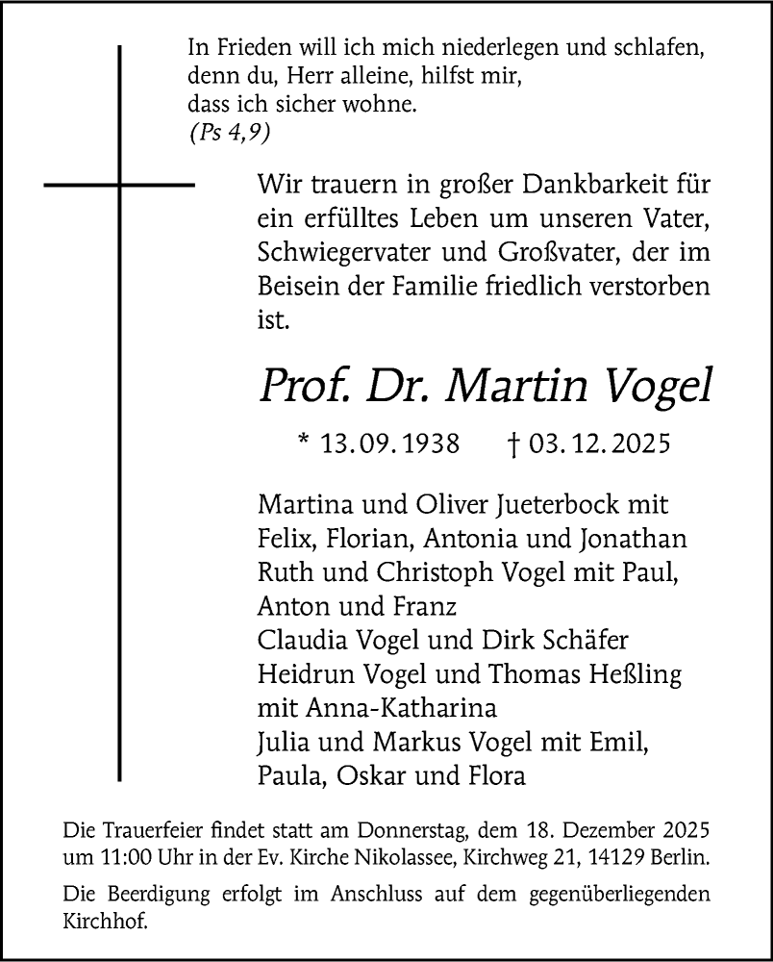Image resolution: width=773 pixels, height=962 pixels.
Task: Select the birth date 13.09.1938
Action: tap(390, 445)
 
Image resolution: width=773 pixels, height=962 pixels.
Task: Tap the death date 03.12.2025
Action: tap(596, 445)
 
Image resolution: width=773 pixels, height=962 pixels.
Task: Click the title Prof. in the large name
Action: tap(296, 385)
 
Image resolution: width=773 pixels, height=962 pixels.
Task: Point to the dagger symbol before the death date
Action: tap(513, 445)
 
